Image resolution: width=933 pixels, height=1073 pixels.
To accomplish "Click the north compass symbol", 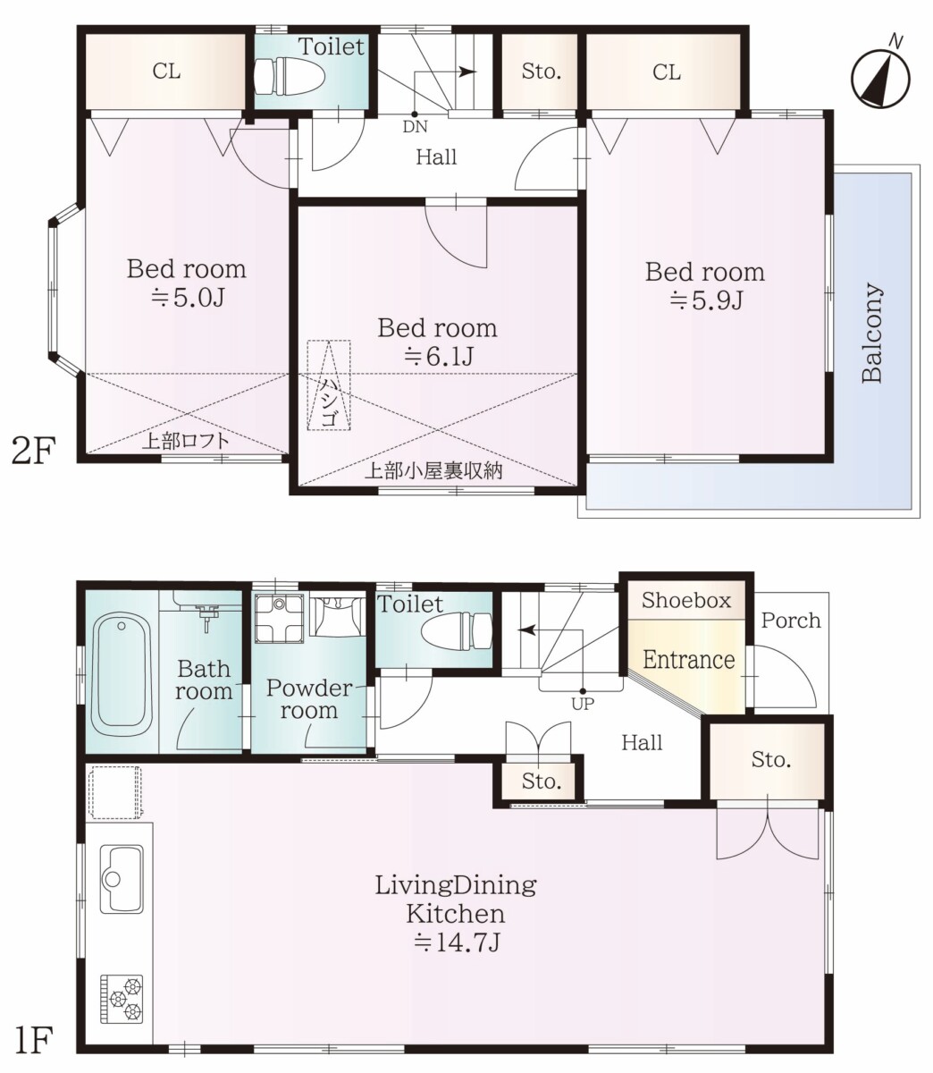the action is click(x=880, y=76).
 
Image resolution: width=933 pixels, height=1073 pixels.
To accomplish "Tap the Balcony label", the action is click(x=871, y=333).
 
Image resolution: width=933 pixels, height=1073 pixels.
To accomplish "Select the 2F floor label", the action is click(x=33, y=451).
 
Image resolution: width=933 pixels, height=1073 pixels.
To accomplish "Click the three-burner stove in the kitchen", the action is click(x=122, y=999).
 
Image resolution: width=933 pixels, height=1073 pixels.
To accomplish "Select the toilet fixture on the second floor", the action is click(x=290, y=76).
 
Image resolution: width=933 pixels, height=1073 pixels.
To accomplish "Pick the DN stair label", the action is click(x=416, y=126).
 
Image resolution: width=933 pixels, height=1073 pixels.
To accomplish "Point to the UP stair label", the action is click(x=583, y=704).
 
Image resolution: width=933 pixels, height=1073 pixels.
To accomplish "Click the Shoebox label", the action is click(x=686, y=600).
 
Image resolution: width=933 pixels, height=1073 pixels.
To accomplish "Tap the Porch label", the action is click(x=791, y=621).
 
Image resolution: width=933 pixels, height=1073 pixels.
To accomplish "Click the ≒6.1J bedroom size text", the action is click(x=439, y=357).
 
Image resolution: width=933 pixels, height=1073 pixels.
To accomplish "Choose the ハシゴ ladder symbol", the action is click(x=329, y=384).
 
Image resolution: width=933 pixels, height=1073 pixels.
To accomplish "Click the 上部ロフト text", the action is click(x=186, y=441).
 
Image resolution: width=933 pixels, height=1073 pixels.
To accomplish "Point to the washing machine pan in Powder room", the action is click(x=280, y=619).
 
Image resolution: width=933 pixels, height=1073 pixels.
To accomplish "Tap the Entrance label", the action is click(x=689, y=660).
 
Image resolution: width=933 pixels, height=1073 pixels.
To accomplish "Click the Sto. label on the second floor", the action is click(x=541, y=72).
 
